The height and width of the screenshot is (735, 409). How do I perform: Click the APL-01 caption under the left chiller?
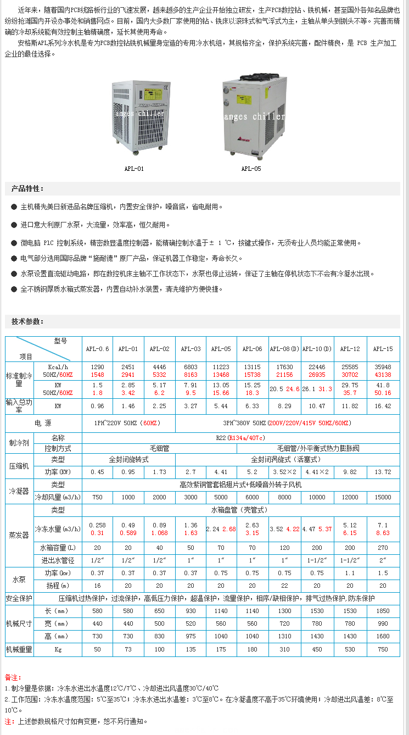click(x=134, y=169)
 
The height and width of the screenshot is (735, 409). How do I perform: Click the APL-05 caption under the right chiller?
click(x=251, y=169)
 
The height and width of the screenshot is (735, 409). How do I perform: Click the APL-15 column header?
click(x=383, y=349)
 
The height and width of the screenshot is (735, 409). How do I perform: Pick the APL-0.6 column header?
click(x=97, y=349)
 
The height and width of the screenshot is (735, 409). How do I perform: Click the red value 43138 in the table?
click(x=383, y=374)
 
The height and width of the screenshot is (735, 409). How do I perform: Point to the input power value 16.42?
click(x=383, y=406)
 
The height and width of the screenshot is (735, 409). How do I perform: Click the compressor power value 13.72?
click(x=383, y=472)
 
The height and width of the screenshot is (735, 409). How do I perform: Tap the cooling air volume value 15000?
click(x=383, y=497)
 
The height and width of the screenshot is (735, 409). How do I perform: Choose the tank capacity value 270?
click(x=383, y=548)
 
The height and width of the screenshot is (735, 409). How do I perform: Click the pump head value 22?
click(x=284, y=586)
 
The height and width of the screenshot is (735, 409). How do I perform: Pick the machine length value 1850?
click(x=383, y=611)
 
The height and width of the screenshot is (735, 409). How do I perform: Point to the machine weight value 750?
click(x=383, y=649)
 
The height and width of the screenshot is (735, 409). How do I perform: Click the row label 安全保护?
click(x=19, y=598)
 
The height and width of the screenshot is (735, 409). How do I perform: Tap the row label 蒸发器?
click(x=19, y=535)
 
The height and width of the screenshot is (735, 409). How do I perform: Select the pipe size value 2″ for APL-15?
click(x=383, y=560)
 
